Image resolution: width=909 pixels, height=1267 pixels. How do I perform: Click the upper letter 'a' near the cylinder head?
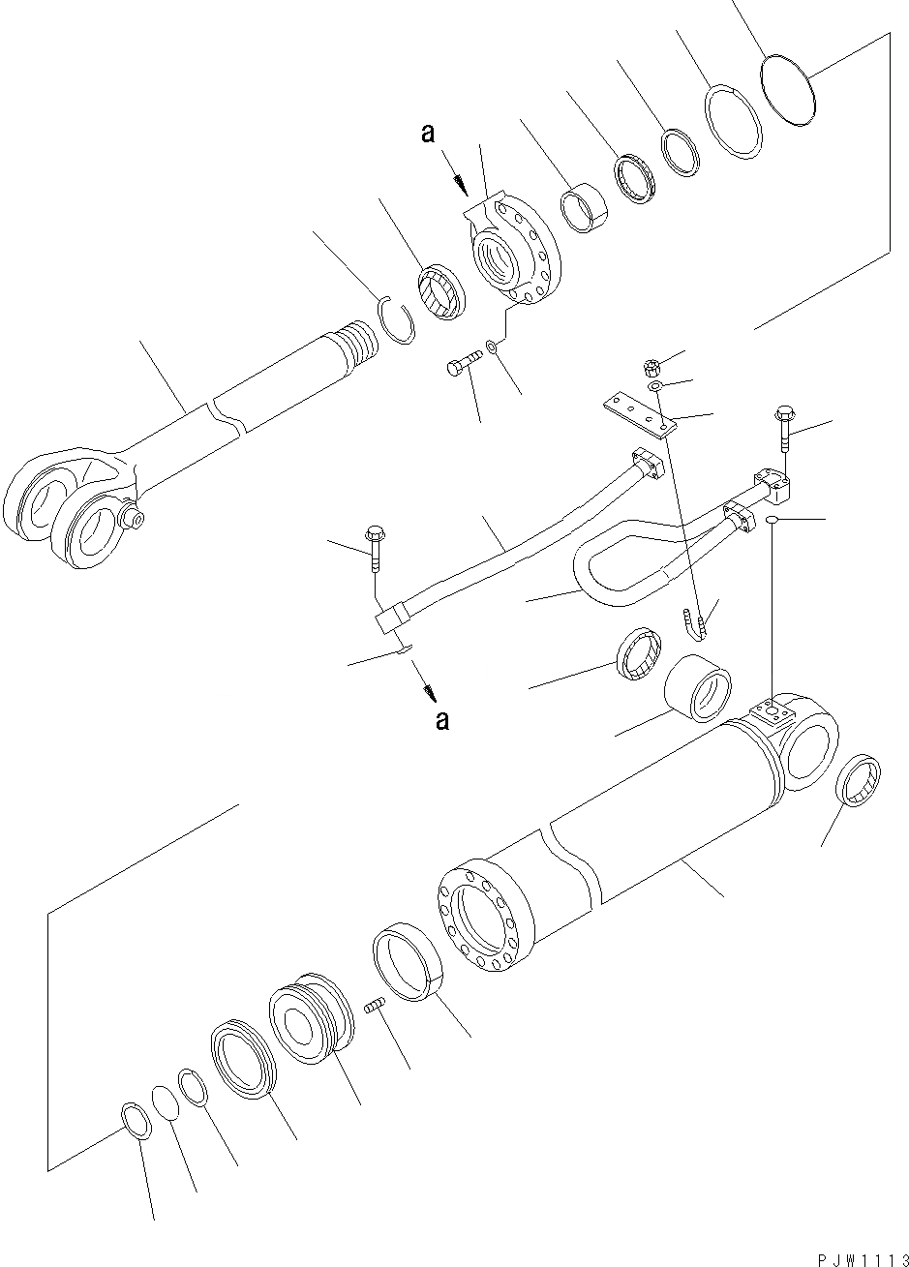pyautogui.click(x=427, y=135)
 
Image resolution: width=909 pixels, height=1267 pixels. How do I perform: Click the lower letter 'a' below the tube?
pyautogui.click(x=441, y=720)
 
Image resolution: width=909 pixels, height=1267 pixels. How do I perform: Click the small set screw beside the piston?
pyautogui.click(x=377, y=1007)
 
